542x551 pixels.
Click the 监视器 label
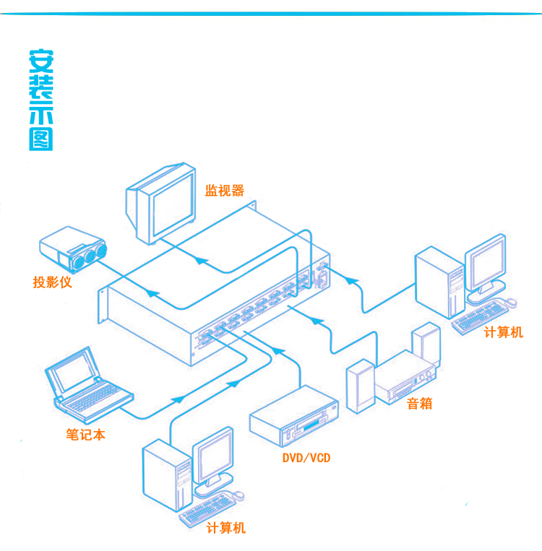tap(224, 191)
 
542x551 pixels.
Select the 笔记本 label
tap(85, 435)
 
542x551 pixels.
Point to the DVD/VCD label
tap(306, 458)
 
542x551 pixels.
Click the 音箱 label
tap(419, 403)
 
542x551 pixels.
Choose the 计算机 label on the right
tap(503, 332)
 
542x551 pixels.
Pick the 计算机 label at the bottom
tap(225, 528)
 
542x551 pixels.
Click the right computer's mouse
tap(512, 301)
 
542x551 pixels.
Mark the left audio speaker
tap(360, 386)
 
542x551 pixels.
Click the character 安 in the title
tap(40, 61)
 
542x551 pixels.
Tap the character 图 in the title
tap(40, 139)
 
